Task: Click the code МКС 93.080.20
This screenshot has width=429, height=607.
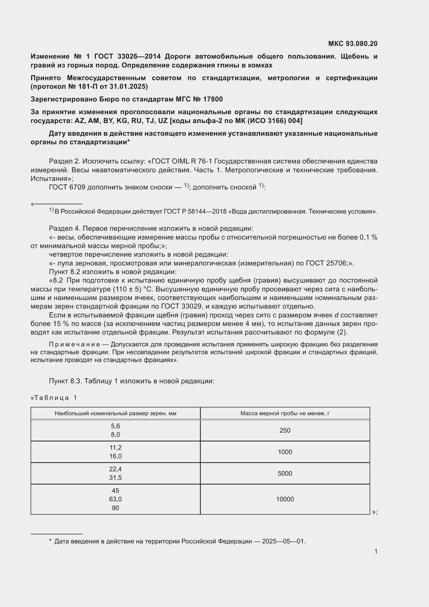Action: (353, 44)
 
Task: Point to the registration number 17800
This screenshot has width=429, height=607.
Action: (213, 99)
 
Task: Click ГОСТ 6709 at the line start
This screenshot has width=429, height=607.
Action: (67, 187)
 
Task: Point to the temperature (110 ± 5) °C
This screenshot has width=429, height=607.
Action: (135, 289)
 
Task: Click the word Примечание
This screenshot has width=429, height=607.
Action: (74, 344)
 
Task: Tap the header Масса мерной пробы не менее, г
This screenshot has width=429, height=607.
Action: (285, 413)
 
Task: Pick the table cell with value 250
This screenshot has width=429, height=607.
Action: (285, 430)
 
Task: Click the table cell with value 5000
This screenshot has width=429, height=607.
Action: (285, 474)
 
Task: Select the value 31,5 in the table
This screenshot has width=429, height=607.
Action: (115, 478)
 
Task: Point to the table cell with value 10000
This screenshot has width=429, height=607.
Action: (285, 499)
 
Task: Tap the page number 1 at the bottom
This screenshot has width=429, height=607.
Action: (376, 551)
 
